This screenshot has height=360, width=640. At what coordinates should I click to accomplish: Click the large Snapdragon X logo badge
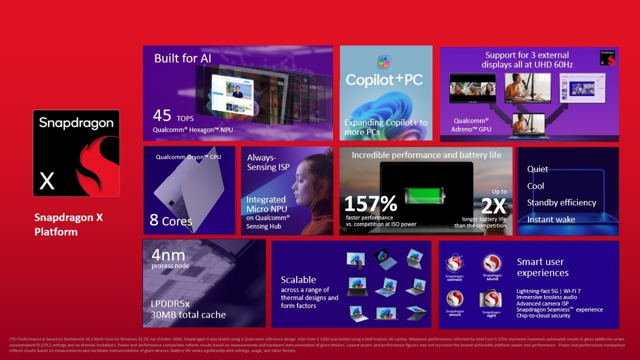pos(76,153)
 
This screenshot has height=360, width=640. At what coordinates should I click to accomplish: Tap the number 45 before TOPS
pos(162,116)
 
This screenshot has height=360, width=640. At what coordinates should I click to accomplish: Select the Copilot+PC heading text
pos(384,80)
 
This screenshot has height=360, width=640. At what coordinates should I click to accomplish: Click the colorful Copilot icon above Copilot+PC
pos(384,62)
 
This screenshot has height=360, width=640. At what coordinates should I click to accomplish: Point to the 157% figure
pos(370,203)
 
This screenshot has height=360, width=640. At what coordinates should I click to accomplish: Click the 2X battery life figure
pos(493,205)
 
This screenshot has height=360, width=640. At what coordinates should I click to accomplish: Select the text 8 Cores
pos(171,220)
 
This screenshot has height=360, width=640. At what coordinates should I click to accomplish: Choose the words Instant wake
pos(551,220)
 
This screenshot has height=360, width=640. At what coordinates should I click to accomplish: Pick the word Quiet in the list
pos(538,169)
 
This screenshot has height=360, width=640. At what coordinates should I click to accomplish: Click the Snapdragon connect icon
pos(454,263)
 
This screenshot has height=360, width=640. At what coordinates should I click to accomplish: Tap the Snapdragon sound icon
pos(492,263)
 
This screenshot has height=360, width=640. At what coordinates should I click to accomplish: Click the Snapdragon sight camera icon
pos(491,299)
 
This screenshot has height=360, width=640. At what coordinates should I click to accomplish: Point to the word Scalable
pos(298,280)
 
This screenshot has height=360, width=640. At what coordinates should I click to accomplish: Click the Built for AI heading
pos(183,58)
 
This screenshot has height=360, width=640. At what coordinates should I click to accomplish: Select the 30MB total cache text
pos(188,315)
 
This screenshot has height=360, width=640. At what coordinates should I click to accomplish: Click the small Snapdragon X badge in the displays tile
pos(607,58)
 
